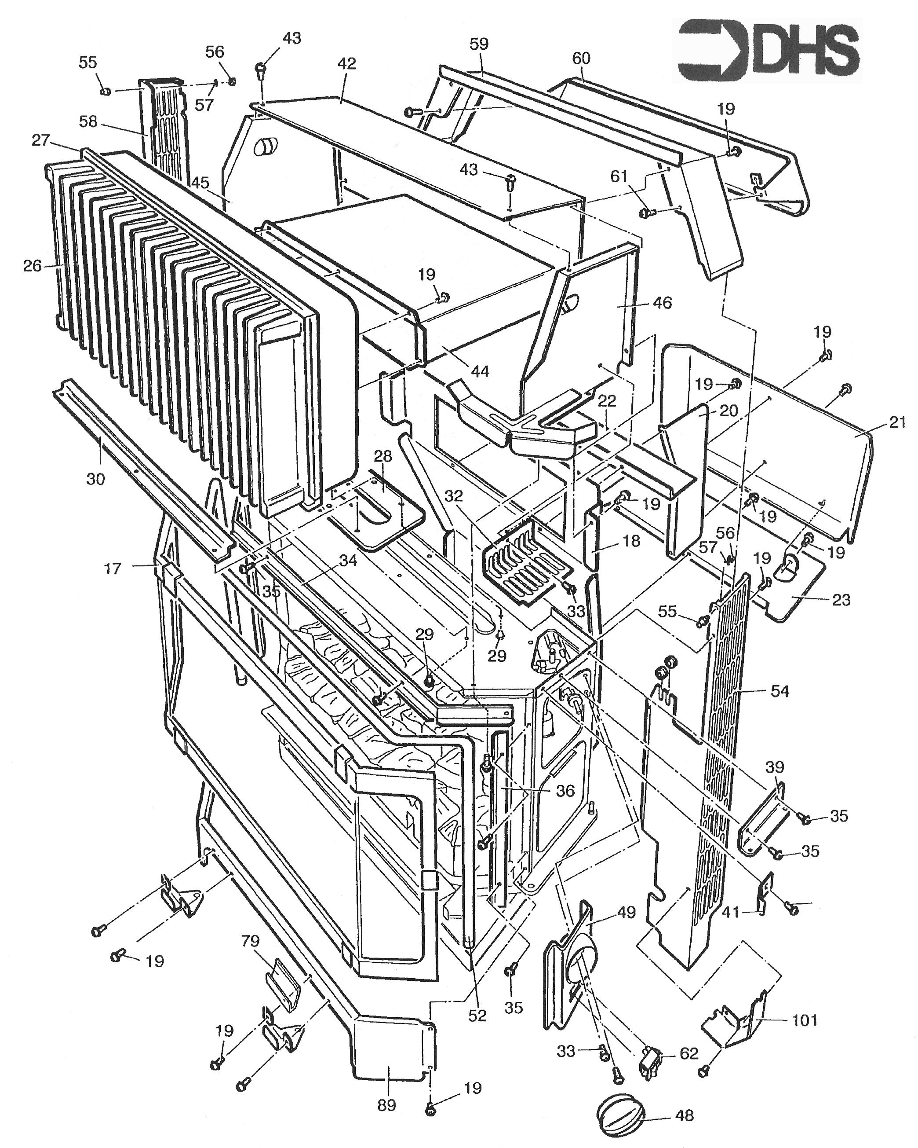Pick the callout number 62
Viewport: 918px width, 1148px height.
coord(688,1054)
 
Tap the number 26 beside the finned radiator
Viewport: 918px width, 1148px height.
coord(33,265)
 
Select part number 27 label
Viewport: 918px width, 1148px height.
coord(41,140)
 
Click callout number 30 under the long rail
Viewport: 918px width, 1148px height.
coord(96,479)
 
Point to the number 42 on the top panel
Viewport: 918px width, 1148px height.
coord(346,63)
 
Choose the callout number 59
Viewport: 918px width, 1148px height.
coord(479,44)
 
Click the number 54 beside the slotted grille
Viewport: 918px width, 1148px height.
coord(780,691)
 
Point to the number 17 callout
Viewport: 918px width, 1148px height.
coord(112,568)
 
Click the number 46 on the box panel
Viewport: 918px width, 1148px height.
coord(663,302)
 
